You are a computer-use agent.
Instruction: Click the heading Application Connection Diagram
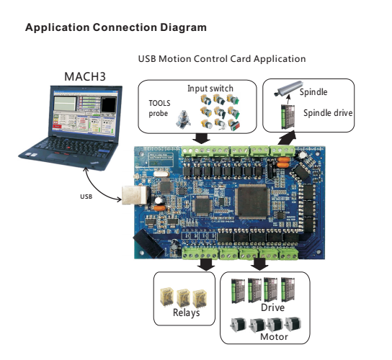pos(116,27)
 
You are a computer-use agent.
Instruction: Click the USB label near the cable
pos(86,195)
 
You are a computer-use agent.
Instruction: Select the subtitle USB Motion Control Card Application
pos(221,58)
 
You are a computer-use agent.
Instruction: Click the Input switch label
pos(211,88)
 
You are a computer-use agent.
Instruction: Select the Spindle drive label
pos(328,112)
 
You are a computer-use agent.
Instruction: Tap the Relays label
pos(186,312)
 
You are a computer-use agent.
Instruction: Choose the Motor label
pos(273,336)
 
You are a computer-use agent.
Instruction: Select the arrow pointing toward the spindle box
pos(288,137)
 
